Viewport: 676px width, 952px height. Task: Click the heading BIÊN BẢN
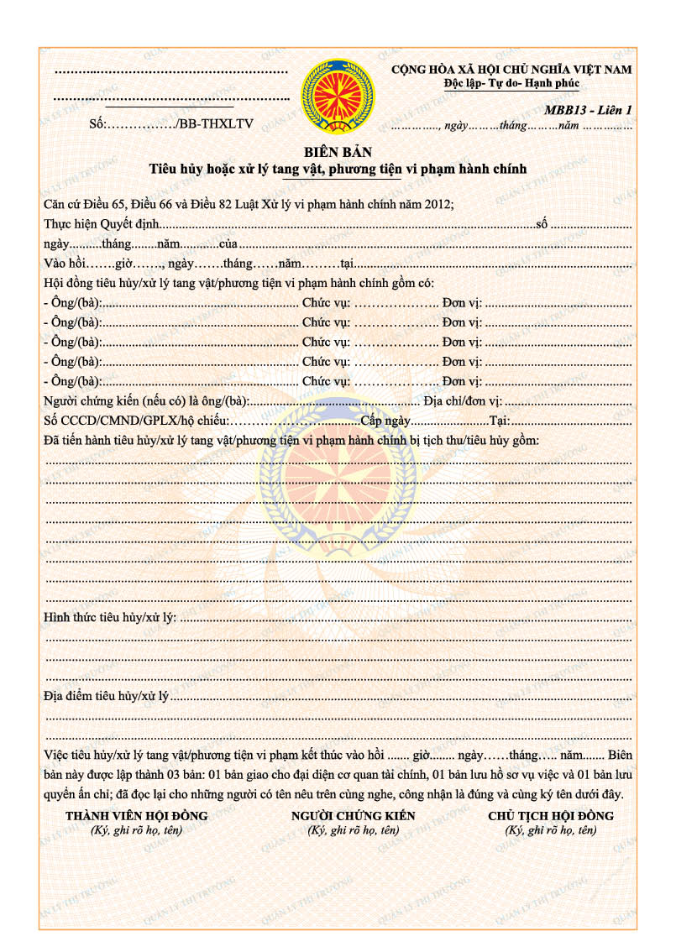pyautogui.click(x=338, y=152)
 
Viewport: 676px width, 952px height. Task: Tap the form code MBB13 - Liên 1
pyautogui.click(x=587, y=110)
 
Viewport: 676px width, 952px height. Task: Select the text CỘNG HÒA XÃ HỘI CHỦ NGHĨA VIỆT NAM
pyautogui.click(x=511, y=70)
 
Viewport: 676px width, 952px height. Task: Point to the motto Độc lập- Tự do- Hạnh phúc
pyautogui.click(x=511, y=83)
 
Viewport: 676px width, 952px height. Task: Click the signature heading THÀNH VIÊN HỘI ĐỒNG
pyautogui.click(x=136, y=815)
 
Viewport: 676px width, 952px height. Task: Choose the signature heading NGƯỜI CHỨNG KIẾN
pyautogui.click(x=353, y=815)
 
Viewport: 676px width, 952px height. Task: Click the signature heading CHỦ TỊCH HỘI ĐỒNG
pyautogui.click(x=550, y=815)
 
